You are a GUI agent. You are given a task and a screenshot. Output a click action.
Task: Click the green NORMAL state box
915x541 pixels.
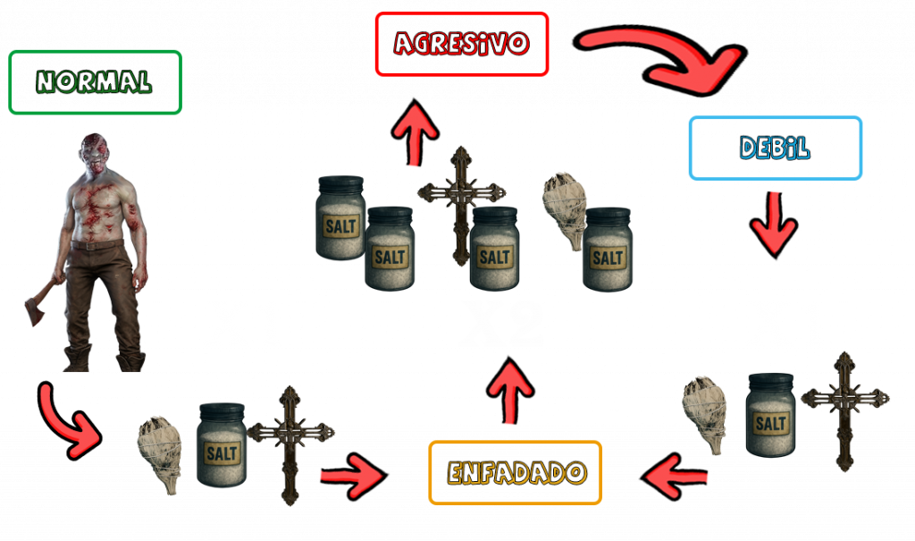pyautogui.click(x=95, y=82)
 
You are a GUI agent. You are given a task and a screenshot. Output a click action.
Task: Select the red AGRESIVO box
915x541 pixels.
pyautogui.click(x=462, y=44)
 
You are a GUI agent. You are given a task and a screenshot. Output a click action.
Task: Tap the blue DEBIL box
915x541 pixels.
pyautogui.click(x=776, y=148)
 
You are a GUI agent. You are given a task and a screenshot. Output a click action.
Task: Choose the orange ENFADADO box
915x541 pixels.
pyautogui.click(x=516, y=472)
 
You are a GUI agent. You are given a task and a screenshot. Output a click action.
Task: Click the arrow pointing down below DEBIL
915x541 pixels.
pyautogui.click(x=773, y=222)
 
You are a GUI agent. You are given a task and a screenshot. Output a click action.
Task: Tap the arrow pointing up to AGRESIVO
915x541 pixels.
pyautogui.click(x=416, y=134)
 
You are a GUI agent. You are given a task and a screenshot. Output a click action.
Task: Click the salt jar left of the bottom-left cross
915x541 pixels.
pyautogui.click(x=221, y=444)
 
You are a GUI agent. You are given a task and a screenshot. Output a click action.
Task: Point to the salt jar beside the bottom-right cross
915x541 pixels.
pyautogui.click(x=770, y=414)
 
